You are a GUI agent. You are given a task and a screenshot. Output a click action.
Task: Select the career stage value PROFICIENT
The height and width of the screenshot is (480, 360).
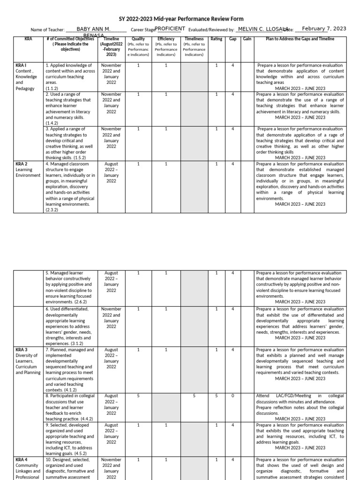[170, 29]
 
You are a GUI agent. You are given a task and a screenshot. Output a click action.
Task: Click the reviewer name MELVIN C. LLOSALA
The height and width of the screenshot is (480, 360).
[261, 29]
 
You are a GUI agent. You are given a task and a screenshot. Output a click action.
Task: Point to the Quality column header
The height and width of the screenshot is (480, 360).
[138, 39]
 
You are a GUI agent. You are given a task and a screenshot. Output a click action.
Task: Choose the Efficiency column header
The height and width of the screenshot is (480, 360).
[166, 39]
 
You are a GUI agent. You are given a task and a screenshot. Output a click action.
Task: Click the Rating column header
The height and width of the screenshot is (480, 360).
[217, 39]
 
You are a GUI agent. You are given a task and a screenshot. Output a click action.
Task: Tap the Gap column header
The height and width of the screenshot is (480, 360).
[232, 39]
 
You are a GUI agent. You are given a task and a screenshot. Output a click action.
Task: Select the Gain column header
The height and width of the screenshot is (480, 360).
[247, 39]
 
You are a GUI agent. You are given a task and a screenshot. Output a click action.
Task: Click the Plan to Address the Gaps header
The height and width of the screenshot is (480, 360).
[300, 39]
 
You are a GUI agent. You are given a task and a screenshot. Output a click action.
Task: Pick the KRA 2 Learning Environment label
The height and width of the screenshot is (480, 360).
[28, 170]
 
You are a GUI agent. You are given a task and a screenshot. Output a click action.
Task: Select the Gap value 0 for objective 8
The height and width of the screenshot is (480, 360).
[233, 396]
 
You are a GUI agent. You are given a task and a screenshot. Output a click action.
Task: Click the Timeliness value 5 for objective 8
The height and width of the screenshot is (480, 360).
[194, 396]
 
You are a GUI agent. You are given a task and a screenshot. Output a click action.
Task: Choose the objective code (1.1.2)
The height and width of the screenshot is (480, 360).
[52, 89]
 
